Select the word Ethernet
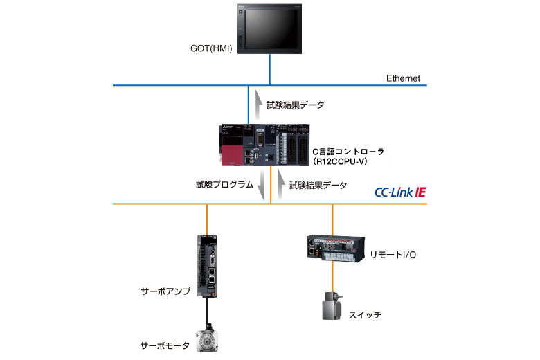[403, 78]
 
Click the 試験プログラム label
[224, 185]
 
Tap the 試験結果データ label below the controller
[318, 185]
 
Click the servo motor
[207, 339]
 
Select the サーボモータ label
[164, 345]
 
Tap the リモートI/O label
[393, 255]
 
